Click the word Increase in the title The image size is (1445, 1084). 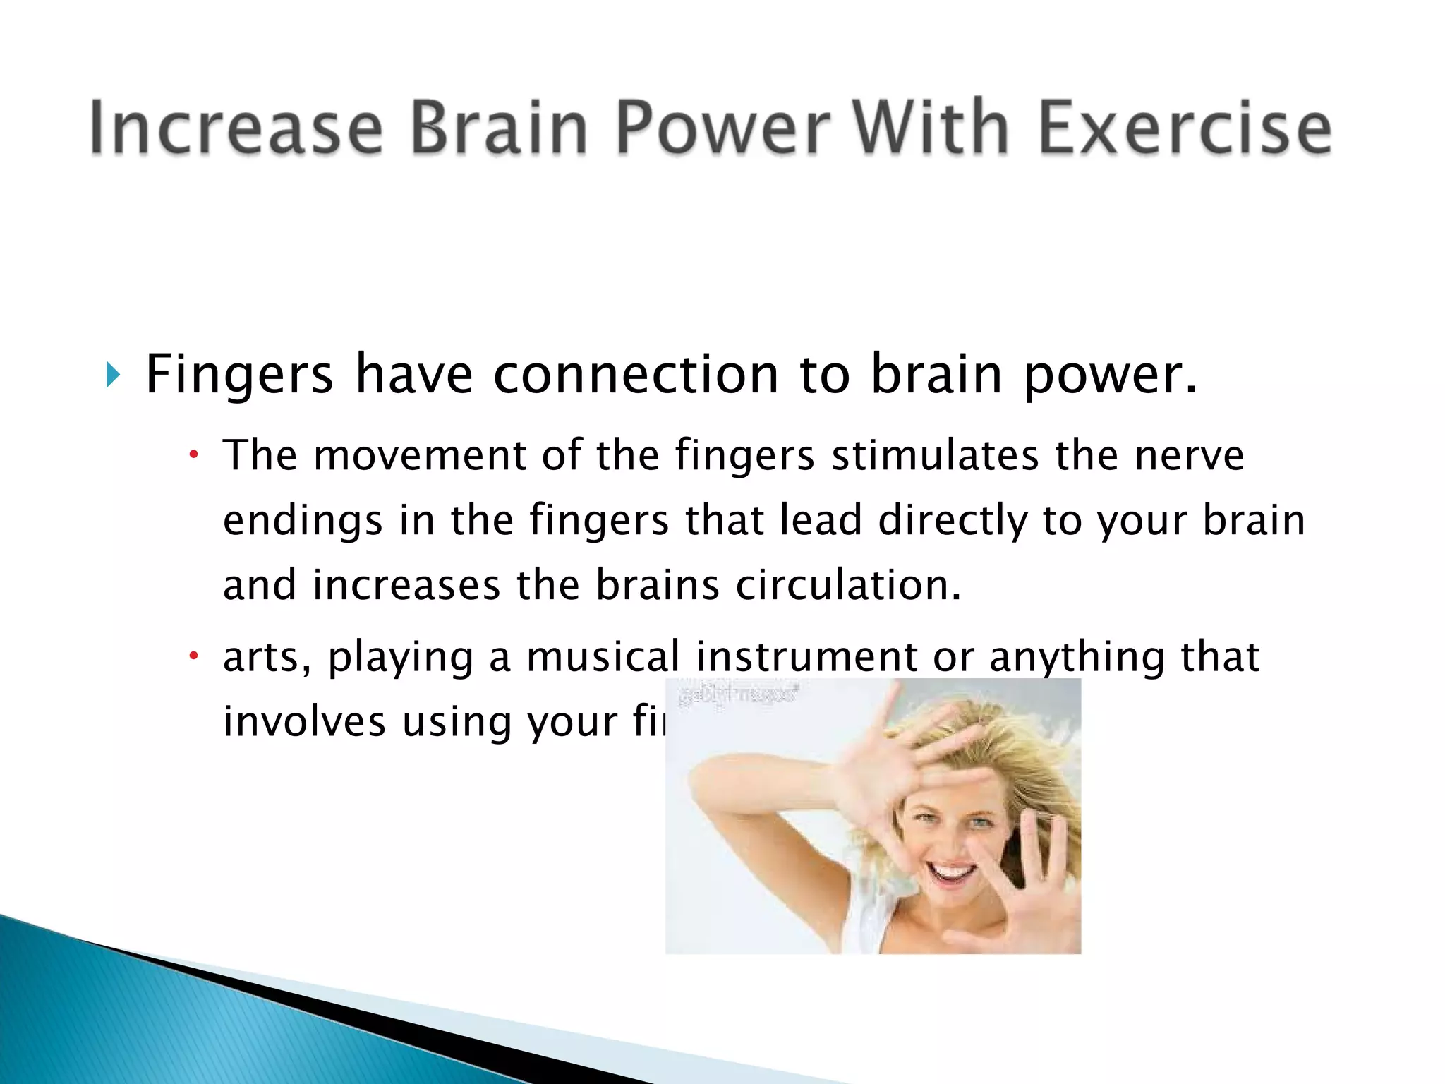(x=236, y=128)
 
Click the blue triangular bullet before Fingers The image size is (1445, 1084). (x=113, y=375)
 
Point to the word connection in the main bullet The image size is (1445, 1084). (x=635, y=374)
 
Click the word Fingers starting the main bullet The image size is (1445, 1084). (x=238, y=375)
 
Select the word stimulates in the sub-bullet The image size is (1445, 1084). (x=935, y=455)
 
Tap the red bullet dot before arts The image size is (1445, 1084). (x=193, y=656)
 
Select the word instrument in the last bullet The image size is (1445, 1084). (x=806, y=656)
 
